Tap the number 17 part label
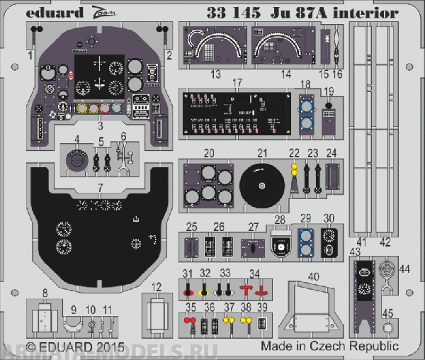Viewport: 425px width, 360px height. pyautogui.click(x=238, y=83)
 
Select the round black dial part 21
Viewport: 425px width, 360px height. pyautogui.click(x=261, y=186)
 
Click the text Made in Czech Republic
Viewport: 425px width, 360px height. pyautogui.click(x=329, y=347)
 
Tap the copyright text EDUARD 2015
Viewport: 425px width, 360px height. pyautogui.click(x=74, y=347)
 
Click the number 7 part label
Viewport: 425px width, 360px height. pyautogui.click(x=101, y=186)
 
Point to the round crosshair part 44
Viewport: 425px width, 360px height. pyautogui.click(x=385, y=269)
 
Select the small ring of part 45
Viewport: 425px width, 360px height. pyautogui.click(x=387, y=327)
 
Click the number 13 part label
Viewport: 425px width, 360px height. pyautogui.click(x=215, y=74)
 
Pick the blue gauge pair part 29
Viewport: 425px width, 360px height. pyautogui.click(x=306, y=243)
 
